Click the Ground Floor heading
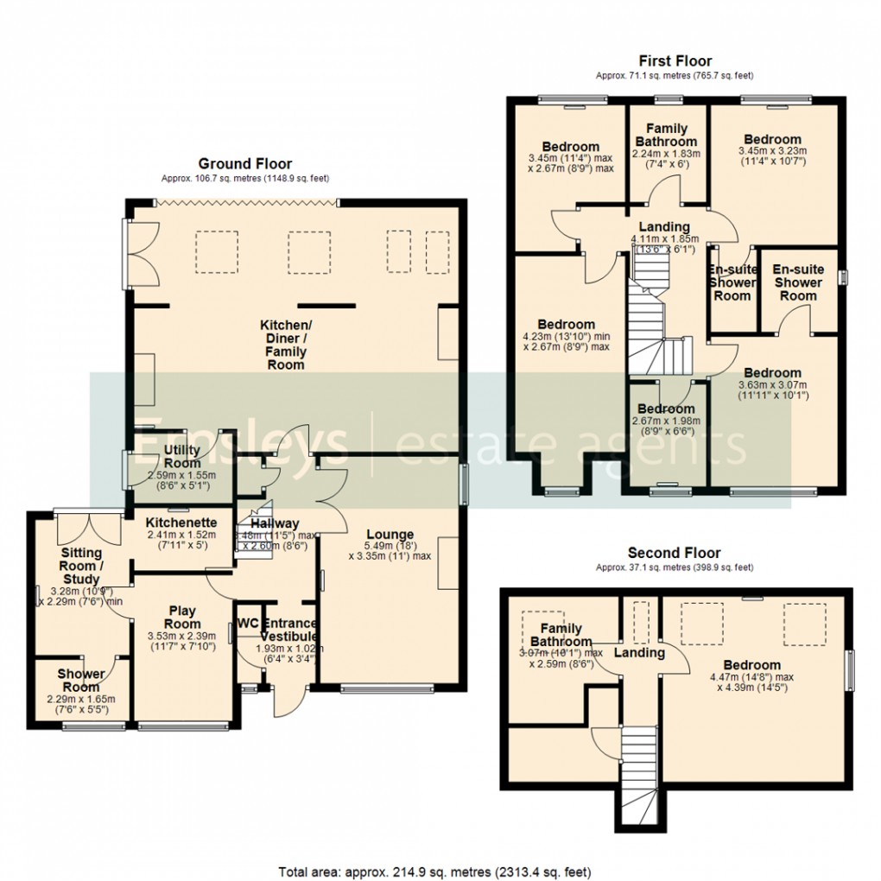point(245,163)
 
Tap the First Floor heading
point(675,60)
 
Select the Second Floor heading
point(674,553)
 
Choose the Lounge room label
point(390,535)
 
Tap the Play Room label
point(182,617)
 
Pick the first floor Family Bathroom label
point(666,135)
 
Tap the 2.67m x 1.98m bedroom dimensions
point(665,421)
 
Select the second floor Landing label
point(639,653)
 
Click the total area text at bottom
point(434,871)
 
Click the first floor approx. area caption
point(675,76)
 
